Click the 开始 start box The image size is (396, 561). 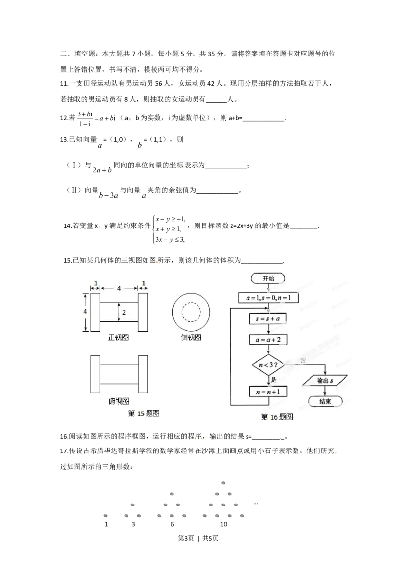coord(268,279)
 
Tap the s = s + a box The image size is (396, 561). coord(268,319)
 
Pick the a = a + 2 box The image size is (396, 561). coord(268,340)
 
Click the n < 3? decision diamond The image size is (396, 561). coord(268,365)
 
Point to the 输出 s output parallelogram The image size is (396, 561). coord(325,380)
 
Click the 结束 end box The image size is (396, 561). coord(325,401)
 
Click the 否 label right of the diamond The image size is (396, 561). coord(303,360)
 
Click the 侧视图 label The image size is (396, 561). coord(191,337)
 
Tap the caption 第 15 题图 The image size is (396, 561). coord(144,413)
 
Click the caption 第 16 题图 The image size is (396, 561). coord(277,417)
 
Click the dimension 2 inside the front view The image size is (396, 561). coord(124,312)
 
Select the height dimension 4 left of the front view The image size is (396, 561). coord(85,312)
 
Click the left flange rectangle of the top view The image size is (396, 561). coord(95,374)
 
